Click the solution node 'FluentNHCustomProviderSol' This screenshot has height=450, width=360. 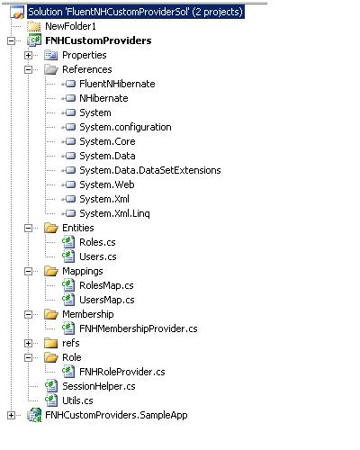(136, 12)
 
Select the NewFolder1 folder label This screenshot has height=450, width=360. (70, 26)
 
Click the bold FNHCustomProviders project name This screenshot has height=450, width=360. (98, 40)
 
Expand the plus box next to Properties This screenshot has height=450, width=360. (28, 55)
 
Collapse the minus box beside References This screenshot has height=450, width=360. (28, 69)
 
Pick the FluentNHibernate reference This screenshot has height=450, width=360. (117, 84)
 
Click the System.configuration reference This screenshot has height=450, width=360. (125, 127)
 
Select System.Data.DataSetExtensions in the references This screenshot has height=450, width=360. (150, 170)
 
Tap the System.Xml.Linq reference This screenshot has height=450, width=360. (114, 213)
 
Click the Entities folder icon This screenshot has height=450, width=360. (51, 228)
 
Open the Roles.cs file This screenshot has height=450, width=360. (97, 242)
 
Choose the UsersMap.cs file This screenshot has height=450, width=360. (107, 300)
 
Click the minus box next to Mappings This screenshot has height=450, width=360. (28, 271)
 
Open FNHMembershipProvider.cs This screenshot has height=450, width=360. (139, 328)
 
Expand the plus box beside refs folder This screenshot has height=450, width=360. (28, 343)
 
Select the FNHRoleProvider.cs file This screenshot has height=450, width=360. (122, 372)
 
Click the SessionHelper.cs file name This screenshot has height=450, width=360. (99, 386)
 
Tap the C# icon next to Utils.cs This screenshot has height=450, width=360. (51, 400)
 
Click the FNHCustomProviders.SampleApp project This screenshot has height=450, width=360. (116, 415)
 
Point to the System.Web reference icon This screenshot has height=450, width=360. (68, 184)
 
